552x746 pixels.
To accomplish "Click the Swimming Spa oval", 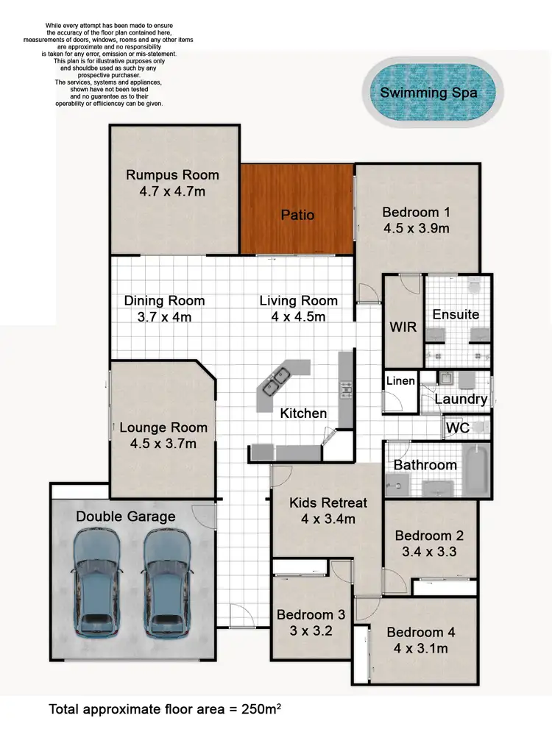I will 428,93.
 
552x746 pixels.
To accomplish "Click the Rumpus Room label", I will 172,174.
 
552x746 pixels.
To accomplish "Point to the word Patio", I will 297,215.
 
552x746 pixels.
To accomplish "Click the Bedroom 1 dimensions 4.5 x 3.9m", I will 416,228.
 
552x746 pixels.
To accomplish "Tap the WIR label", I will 403,327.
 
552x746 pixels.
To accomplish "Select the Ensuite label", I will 456,314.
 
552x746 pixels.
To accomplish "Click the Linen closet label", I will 400,380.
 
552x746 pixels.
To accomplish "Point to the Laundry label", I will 461,399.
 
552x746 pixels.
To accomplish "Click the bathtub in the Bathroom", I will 478,469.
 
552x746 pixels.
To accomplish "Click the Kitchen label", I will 303,413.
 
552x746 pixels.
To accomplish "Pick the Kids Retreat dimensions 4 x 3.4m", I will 328,519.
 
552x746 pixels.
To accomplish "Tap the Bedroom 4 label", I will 415,632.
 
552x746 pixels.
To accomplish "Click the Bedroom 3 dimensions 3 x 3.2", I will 310,631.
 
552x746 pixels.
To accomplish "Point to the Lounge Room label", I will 163,427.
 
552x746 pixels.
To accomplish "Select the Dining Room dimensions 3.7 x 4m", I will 164,317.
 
